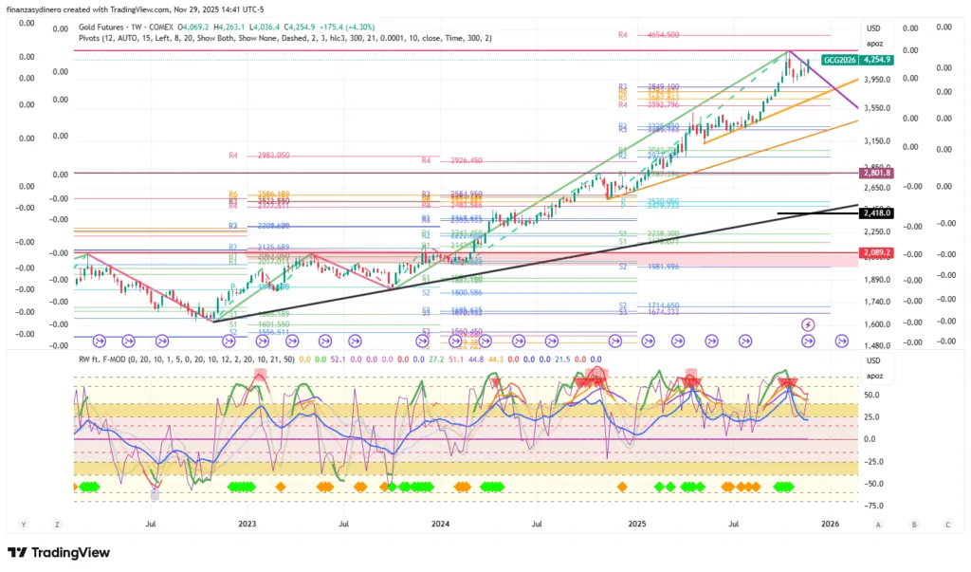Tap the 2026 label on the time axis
coord(830,524)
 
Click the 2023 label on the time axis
coord(247,524)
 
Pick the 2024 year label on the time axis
coord(440,524)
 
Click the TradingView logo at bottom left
coord(59,553)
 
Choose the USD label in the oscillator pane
coord(874,360)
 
